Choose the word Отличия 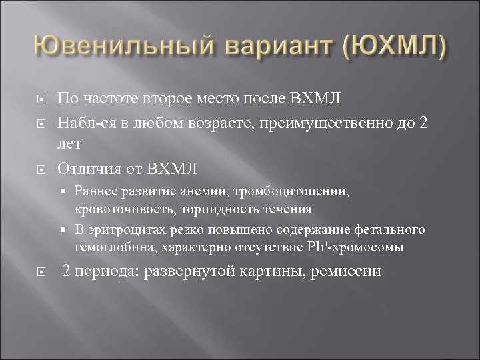(87, 165)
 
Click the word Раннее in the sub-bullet (95, 191)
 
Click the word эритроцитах (121, 230)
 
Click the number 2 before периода (66, 271)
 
